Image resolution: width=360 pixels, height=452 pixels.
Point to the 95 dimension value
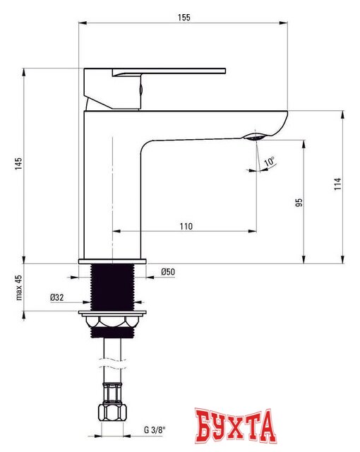click(299, 202)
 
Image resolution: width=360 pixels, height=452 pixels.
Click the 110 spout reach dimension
click(186, 226)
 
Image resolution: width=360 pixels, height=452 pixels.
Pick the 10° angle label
click(269, 162)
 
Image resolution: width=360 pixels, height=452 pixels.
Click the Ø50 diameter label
click(167, 273)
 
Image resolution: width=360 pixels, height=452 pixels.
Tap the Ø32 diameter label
click(57, 297)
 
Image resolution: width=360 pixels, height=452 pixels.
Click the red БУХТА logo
click(234, 427)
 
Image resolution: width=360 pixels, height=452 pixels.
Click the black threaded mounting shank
click(113, 287)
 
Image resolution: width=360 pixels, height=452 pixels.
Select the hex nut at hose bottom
click(112, 412)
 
